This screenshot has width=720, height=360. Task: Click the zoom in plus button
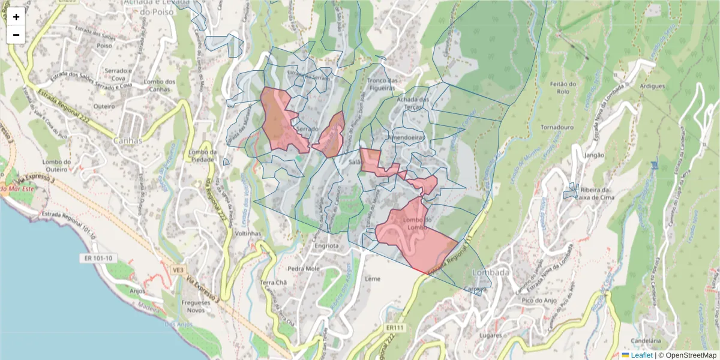tap(16, 17)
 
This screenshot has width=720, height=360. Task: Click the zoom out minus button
tap(16, 35)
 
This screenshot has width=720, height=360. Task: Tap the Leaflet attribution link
tap(641, 355)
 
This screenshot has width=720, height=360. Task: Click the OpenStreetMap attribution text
tap(690, 355)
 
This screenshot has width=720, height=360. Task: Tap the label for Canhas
tap(127, 141)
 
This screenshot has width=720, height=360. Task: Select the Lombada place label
tap(491, 272)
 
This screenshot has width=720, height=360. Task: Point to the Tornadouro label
tap(559, 128)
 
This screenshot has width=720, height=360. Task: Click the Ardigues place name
tap(652, 86)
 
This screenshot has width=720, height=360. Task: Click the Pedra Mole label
tap(304, 268)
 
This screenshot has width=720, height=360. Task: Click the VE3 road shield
tap(178, 270)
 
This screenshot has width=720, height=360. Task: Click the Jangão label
tap(594, 155)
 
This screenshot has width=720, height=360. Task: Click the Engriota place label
tap(326, 246)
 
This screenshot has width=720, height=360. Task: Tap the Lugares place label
tap(490, 335)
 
